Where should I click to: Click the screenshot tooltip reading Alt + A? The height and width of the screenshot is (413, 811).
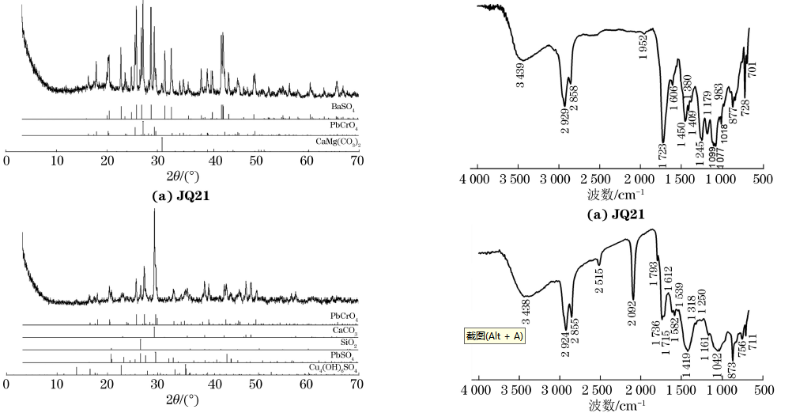pos(494,336)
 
